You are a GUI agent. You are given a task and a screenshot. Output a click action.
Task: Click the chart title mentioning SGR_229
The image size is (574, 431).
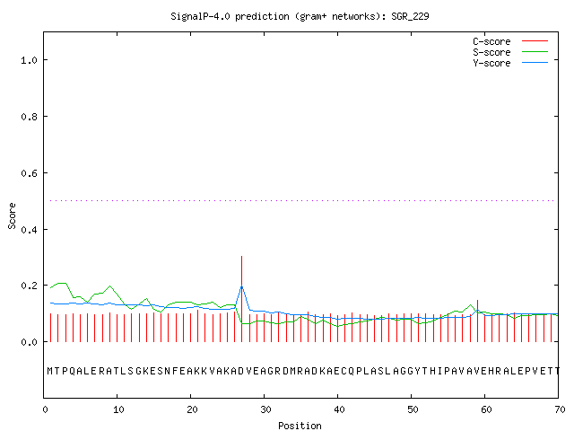click(x=300, y=16)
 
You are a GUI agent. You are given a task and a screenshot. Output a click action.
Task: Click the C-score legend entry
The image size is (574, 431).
click(x=510, y=41)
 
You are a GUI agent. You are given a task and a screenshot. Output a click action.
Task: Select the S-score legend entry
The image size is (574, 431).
click(x=510, y=52)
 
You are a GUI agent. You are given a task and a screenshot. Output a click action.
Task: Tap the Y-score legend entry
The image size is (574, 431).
click(x=510, y=63)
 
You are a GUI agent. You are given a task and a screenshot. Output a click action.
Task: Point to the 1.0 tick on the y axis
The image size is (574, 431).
click(x=29, y=60)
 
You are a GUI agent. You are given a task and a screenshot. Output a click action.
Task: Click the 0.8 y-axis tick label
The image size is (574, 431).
click(x=29, y=117)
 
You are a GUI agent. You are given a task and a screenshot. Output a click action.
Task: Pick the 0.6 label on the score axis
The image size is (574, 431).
click(x=29, y=173)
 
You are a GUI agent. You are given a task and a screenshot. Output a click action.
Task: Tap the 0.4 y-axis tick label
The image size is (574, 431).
click(x=29, y=230)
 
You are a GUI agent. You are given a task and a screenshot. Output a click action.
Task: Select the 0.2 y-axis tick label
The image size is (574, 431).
click(x=29, y=286)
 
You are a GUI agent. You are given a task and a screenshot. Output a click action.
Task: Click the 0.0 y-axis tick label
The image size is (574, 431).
click(x=29, y=342)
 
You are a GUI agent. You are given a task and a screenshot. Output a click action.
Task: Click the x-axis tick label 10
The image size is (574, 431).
click(x=118, y=409)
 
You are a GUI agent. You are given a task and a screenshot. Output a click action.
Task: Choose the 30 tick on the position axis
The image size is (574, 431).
click(x=265, y=409)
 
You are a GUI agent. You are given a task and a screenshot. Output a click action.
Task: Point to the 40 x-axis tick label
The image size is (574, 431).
click(x=339, y=409)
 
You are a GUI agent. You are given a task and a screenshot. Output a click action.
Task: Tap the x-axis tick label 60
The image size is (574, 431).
click(x=486, y=409)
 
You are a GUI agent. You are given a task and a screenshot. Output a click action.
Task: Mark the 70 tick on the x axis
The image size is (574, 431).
click(x=560, y=409)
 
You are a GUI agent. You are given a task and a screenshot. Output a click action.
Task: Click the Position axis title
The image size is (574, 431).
click(x=300, y=426)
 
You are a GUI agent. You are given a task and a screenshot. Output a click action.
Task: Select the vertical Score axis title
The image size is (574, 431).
click(x=12, y=215)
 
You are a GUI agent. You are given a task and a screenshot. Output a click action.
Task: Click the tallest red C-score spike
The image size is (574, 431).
click(x=241, y=299)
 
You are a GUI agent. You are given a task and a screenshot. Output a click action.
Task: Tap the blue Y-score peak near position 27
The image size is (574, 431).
click(x=241, y=286)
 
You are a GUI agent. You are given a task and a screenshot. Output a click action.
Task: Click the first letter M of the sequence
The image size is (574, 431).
click(x=50, y=371)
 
